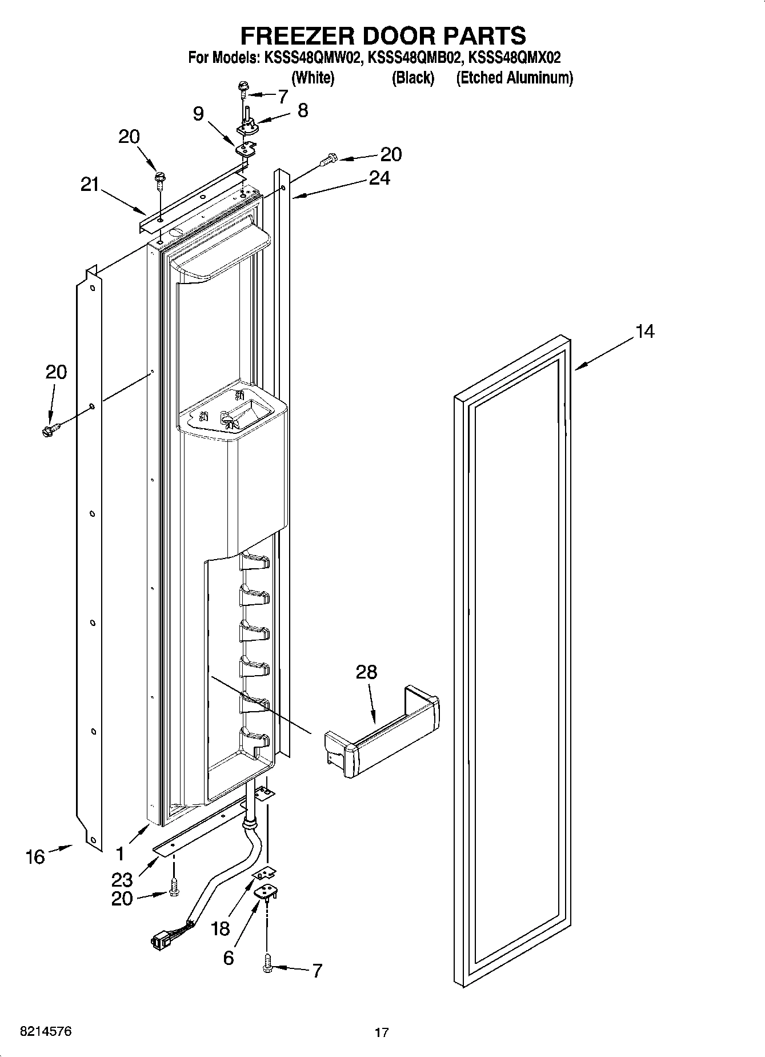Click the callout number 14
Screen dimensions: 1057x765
(x=644, y=331)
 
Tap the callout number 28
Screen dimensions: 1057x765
(x=366, y=672)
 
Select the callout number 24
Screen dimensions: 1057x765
(x=379, y=178)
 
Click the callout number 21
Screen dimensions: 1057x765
(x=89, y=185)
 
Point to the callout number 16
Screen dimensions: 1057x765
(x=35, y=856)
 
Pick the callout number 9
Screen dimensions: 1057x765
(x=198, y=114)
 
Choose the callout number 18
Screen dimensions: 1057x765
(x=220, y=928)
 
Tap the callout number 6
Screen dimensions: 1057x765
(x=228, y=958)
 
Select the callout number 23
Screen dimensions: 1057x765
(x=122, y=879)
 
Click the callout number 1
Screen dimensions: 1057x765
(x=119, y=854)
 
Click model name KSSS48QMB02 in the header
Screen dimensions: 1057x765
(x=412, y=58)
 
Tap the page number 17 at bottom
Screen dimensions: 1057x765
(x=381, y=1032)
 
